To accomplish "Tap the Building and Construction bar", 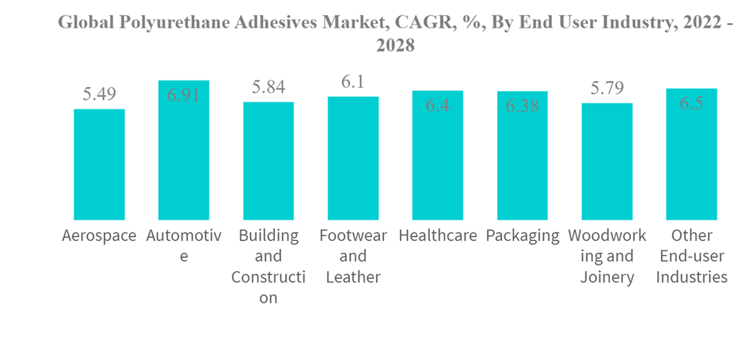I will tap(268, 161).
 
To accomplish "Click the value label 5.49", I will tap(99, 94).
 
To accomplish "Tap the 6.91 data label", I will tap(183, 95).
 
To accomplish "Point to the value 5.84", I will tap(268, 86).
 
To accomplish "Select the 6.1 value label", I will tap(353, 81).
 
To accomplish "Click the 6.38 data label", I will tap(522, 107).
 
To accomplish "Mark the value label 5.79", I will tap(607, 88).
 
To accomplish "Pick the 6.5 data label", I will tap(691, 104).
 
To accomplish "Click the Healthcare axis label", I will tap(438, 236).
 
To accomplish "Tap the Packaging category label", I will tap(522, 236).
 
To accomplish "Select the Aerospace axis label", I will tap(99, 236).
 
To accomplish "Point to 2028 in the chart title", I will tap(395, 45).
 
